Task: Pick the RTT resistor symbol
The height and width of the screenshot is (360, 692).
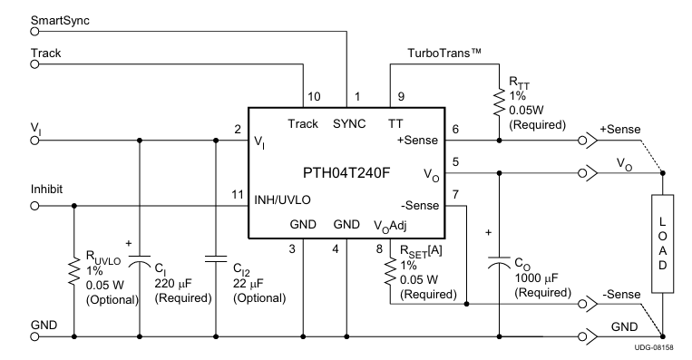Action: click(498, 102)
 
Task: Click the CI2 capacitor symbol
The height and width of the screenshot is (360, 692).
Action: click(216, 259)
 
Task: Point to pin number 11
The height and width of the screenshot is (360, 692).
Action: click(238, 194)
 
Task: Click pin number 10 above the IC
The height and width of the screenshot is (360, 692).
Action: click(313, 96)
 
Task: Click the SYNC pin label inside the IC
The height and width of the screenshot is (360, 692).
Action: click(347, 123)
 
